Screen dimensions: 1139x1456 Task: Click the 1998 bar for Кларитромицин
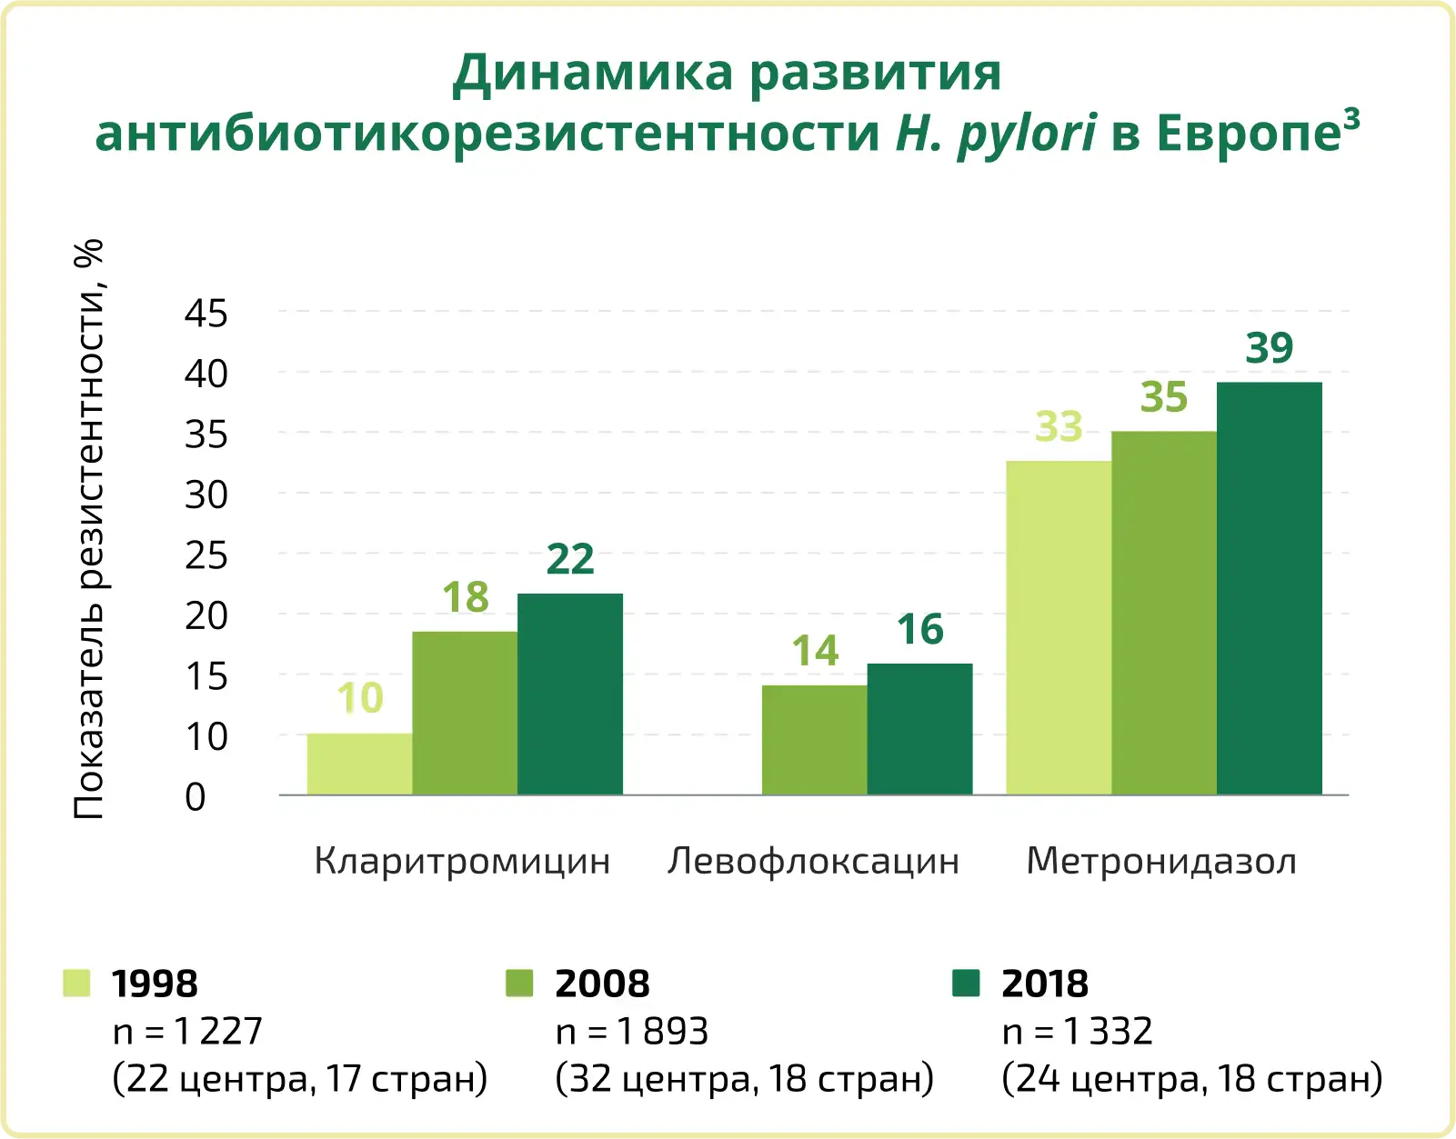(x=359, y=764)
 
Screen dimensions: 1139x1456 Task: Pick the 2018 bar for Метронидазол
(x=1269, y=588)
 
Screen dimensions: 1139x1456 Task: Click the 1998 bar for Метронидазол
(x=1059, y=627)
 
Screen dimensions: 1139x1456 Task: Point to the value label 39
(x=1269, y=348)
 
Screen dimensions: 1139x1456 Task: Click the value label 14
(x=815, y=651)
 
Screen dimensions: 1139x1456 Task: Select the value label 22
(x=570, y=559)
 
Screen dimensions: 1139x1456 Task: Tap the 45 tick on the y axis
(x=206, y=314)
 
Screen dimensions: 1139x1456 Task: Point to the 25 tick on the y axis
(x=206, y=555)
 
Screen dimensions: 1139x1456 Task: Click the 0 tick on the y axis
(x=196, y=797)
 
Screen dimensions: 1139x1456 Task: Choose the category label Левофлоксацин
(x=813, y=861)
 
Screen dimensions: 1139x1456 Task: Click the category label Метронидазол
(x=1161, y=861)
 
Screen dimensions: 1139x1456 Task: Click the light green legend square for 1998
(x=76, y=983)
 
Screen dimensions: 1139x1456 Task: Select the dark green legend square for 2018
(x=966, y=983)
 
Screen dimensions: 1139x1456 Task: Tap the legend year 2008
(x=602, y=984)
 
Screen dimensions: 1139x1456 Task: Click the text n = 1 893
(x=631, y=1032)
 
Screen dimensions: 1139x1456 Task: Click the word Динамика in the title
(x=592, y=74)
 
